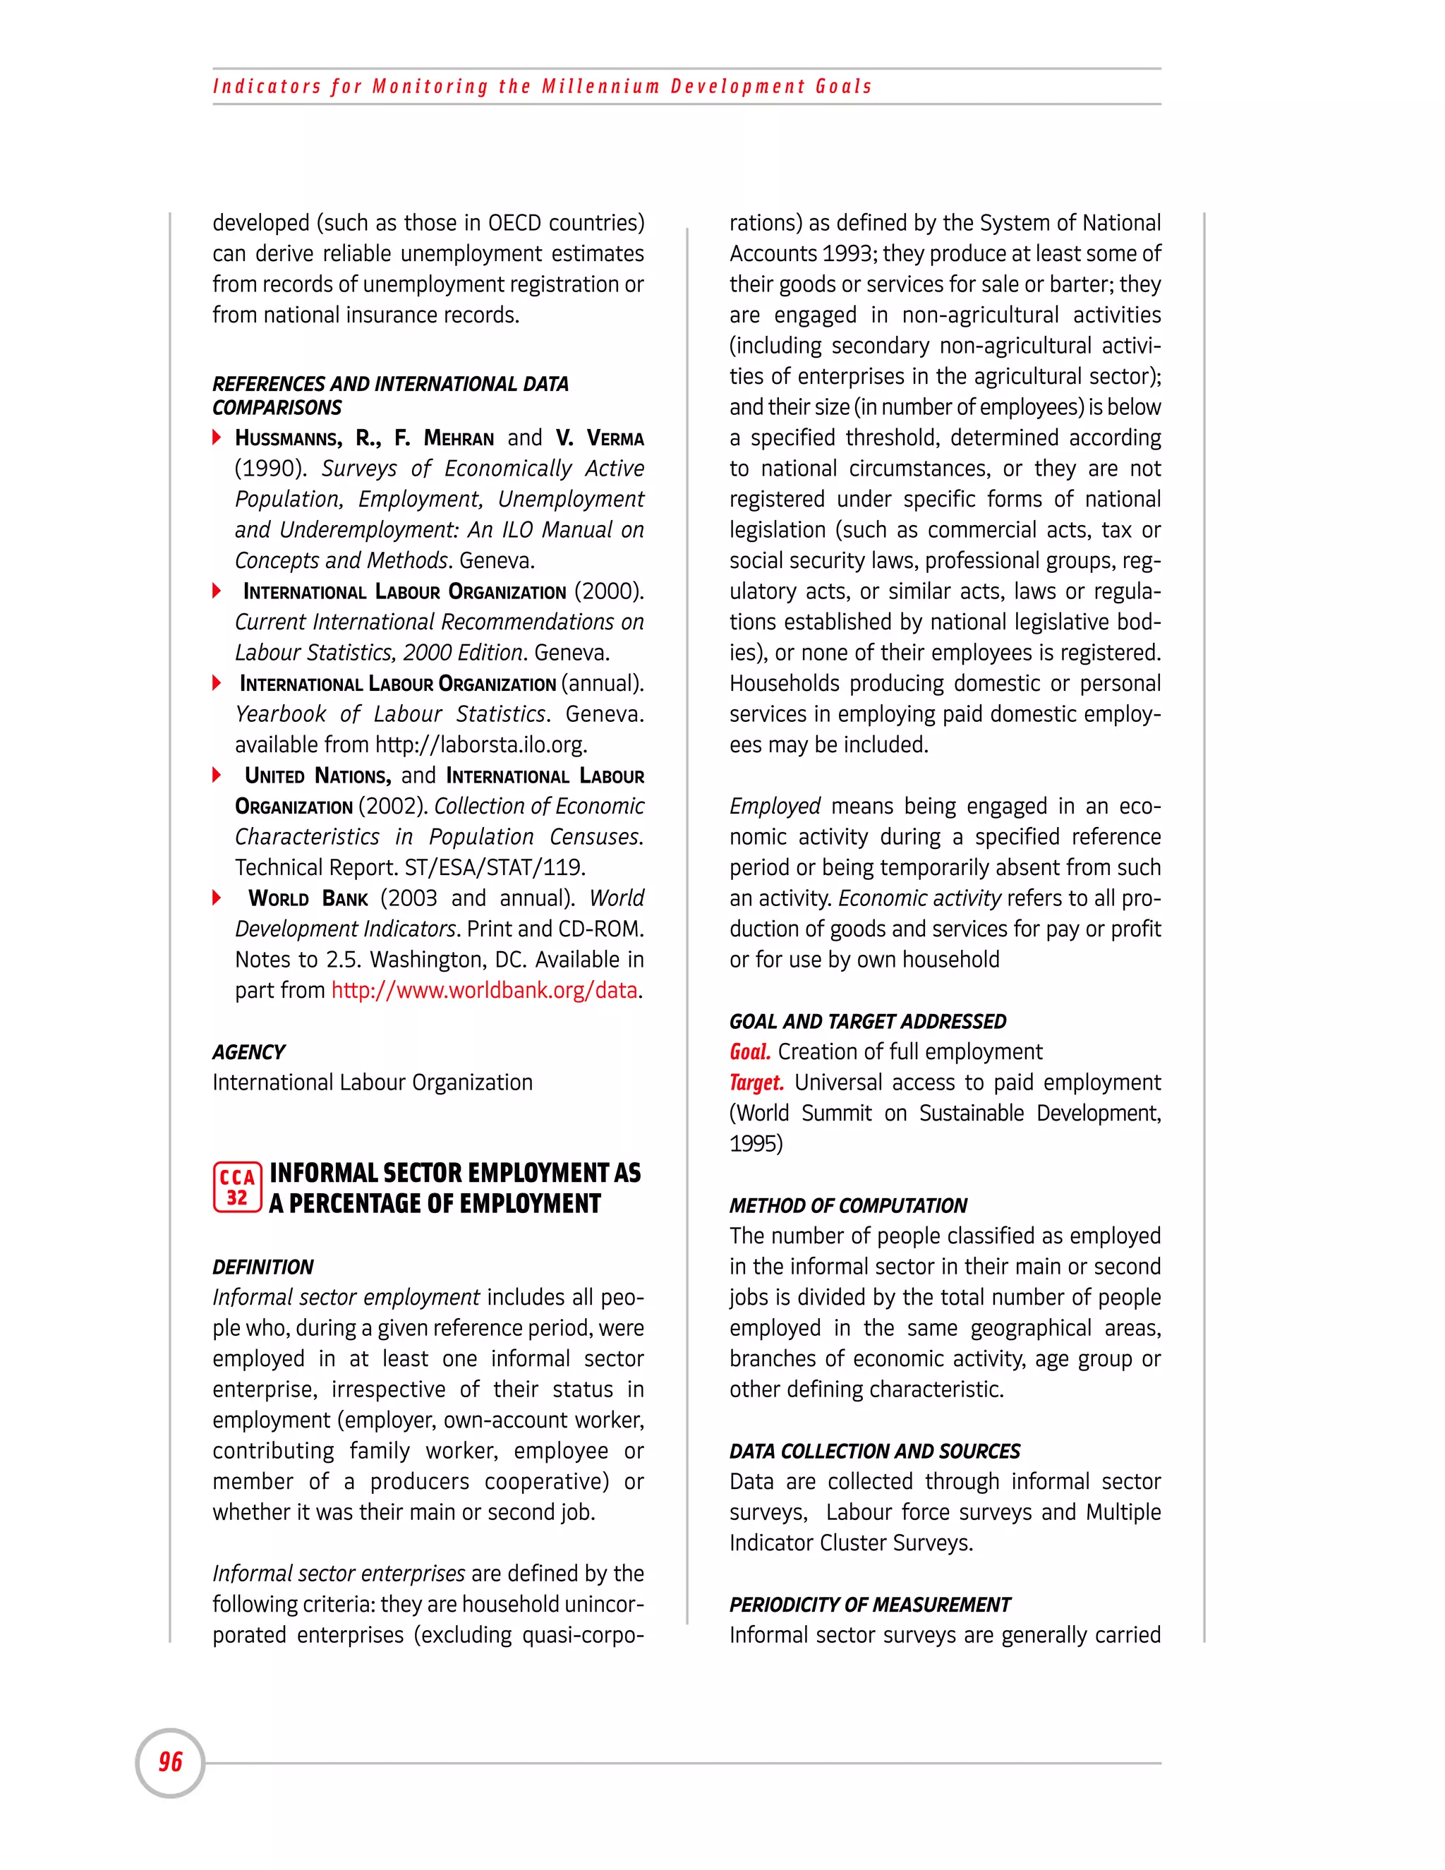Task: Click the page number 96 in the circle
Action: pos(170,1762)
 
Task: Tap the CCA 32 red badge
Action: pos(237,1188)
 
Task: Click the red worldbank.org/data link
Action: pos(485,991)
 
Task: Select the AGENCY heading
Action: pos(249,1052)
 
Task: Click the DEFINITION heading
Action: pos(262,1267)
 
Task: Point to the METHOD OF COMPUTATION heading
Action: pos(847,1205)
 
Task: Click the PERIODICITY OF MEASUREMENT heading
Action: pos(870,1605)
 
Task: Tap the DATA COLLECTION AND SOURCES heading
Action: pos(874,1452)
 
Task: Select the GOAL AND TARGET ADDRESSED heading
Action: pos(867,1022)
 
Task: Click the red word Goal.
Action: pos(750,1052)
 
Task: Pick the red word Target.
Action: pos(756,1083)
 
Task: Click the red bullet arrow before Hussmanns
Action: pos(217,438)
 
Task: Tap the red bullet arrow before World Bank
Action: pos(217,898)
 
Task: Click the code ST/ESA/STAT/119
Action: pos(495,868)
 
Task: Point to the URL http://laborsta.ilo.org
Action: pos(480,745)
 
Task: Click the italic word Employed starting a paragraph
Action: pos(775,807)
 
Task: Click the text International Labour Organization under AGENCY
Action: pos(373,1083)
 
